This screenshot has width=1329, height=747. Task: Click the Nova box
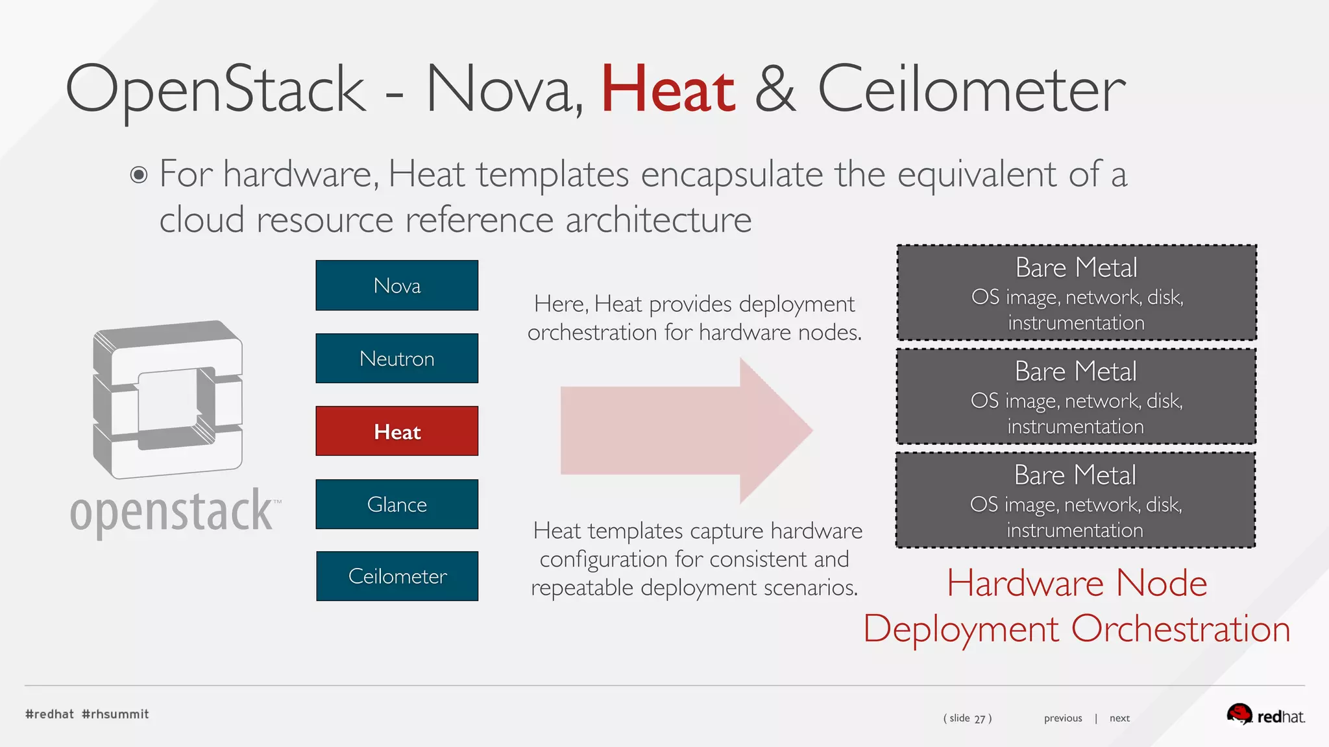click(396, 285)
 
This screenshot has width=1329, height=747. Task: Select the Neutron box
click(396, 359)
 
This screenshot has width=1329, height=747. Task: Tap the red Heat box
click(396, 431)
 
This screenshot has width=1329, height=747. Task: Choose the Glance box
click(396, 504)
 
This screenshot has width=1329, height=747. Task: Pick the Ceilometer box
click(396, 576)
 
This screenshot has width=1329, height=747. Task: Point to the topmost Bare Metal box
click(1077, 292)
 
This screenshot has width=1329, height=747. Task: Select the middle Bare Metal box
click(1076, 396)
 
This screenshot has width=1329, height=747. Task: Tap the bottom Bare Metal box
click(1075, 500)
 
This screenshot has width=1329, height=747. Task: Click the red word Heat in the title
click(668, 90)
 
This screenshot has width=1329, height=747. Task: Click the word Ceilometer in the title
click(971, 90)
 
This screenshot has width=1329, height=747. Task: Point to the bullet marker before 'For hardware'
click(139, 175)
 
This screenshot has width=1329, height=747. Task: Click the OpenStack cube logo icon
click(167, 399)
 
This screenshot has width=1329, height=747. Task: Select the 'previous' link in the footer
click(1062, 718)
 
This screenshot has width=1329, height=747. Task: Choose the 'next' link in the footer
click(1119, 718)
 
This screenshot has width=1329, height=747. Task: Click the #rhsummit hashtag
click(116, 714)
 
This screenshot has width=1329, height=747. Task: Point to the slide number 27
click(979, 718)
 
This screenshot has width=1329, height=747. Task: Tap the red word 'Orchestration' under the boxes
click(1180, 628)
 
